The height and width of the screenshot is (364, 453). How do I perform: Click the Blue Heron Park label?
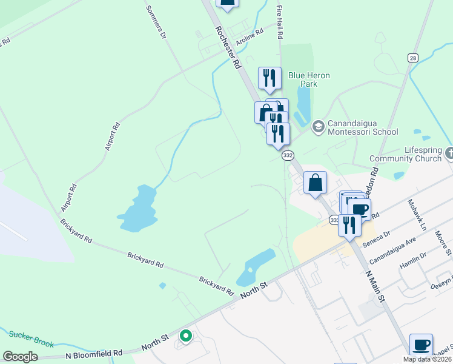pos(309,79)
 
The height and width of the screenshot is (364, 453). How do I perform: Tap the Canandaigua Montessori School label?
pos(362,127)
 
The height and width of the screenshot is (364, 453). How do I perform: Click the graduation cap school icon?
pos(318,127)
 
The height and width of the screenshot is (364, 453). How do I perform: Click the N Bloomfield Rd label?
pos(94,353)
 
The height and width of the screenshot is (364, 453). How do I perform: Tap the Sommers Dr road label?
pos(156,23)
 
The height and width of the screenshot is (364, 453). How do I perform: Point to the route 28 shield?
pos(412,58)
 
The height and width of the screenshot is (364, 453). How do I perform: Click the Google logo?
pos(20,357)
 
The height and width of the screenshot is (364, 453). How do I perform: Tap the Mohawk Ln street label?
pos(417,214)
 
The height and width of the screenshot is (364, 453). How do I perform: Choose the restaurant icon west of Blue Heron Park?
pos(269,78)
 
